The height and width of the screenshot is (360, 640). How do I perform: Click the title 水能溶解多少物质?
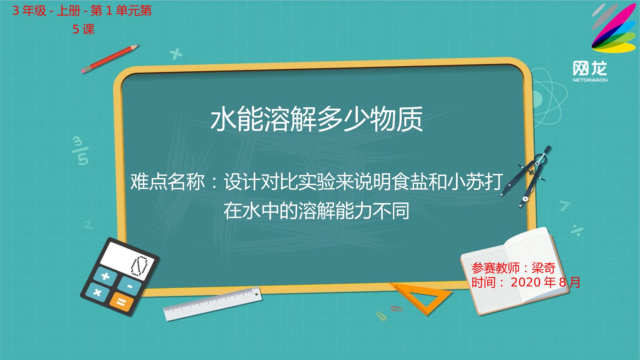point(317,119)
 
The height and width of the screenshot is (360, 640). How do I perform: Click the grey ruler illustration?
point(212,303)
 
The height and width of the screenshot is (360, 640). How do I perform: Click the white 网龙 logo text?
point(590,69)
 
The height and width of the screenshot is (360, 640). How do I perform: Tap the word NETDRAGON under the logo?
point(590,80)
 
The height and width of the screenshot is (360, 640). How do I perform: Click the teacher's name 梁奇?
point(543,268)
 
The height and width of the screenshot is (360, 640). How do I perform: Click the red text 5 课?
point(84,30)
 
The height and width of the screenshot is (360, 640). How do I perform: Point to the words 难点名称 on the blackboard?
point(167,182)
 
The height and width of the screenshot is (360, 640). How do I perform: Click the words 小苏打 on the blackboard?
point(475,182)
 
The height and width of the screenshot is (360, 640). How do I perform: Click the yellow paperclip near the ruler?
point(381,316)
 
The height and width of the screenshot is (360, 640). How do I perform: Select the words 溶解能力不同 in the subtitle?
point(354,211)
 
